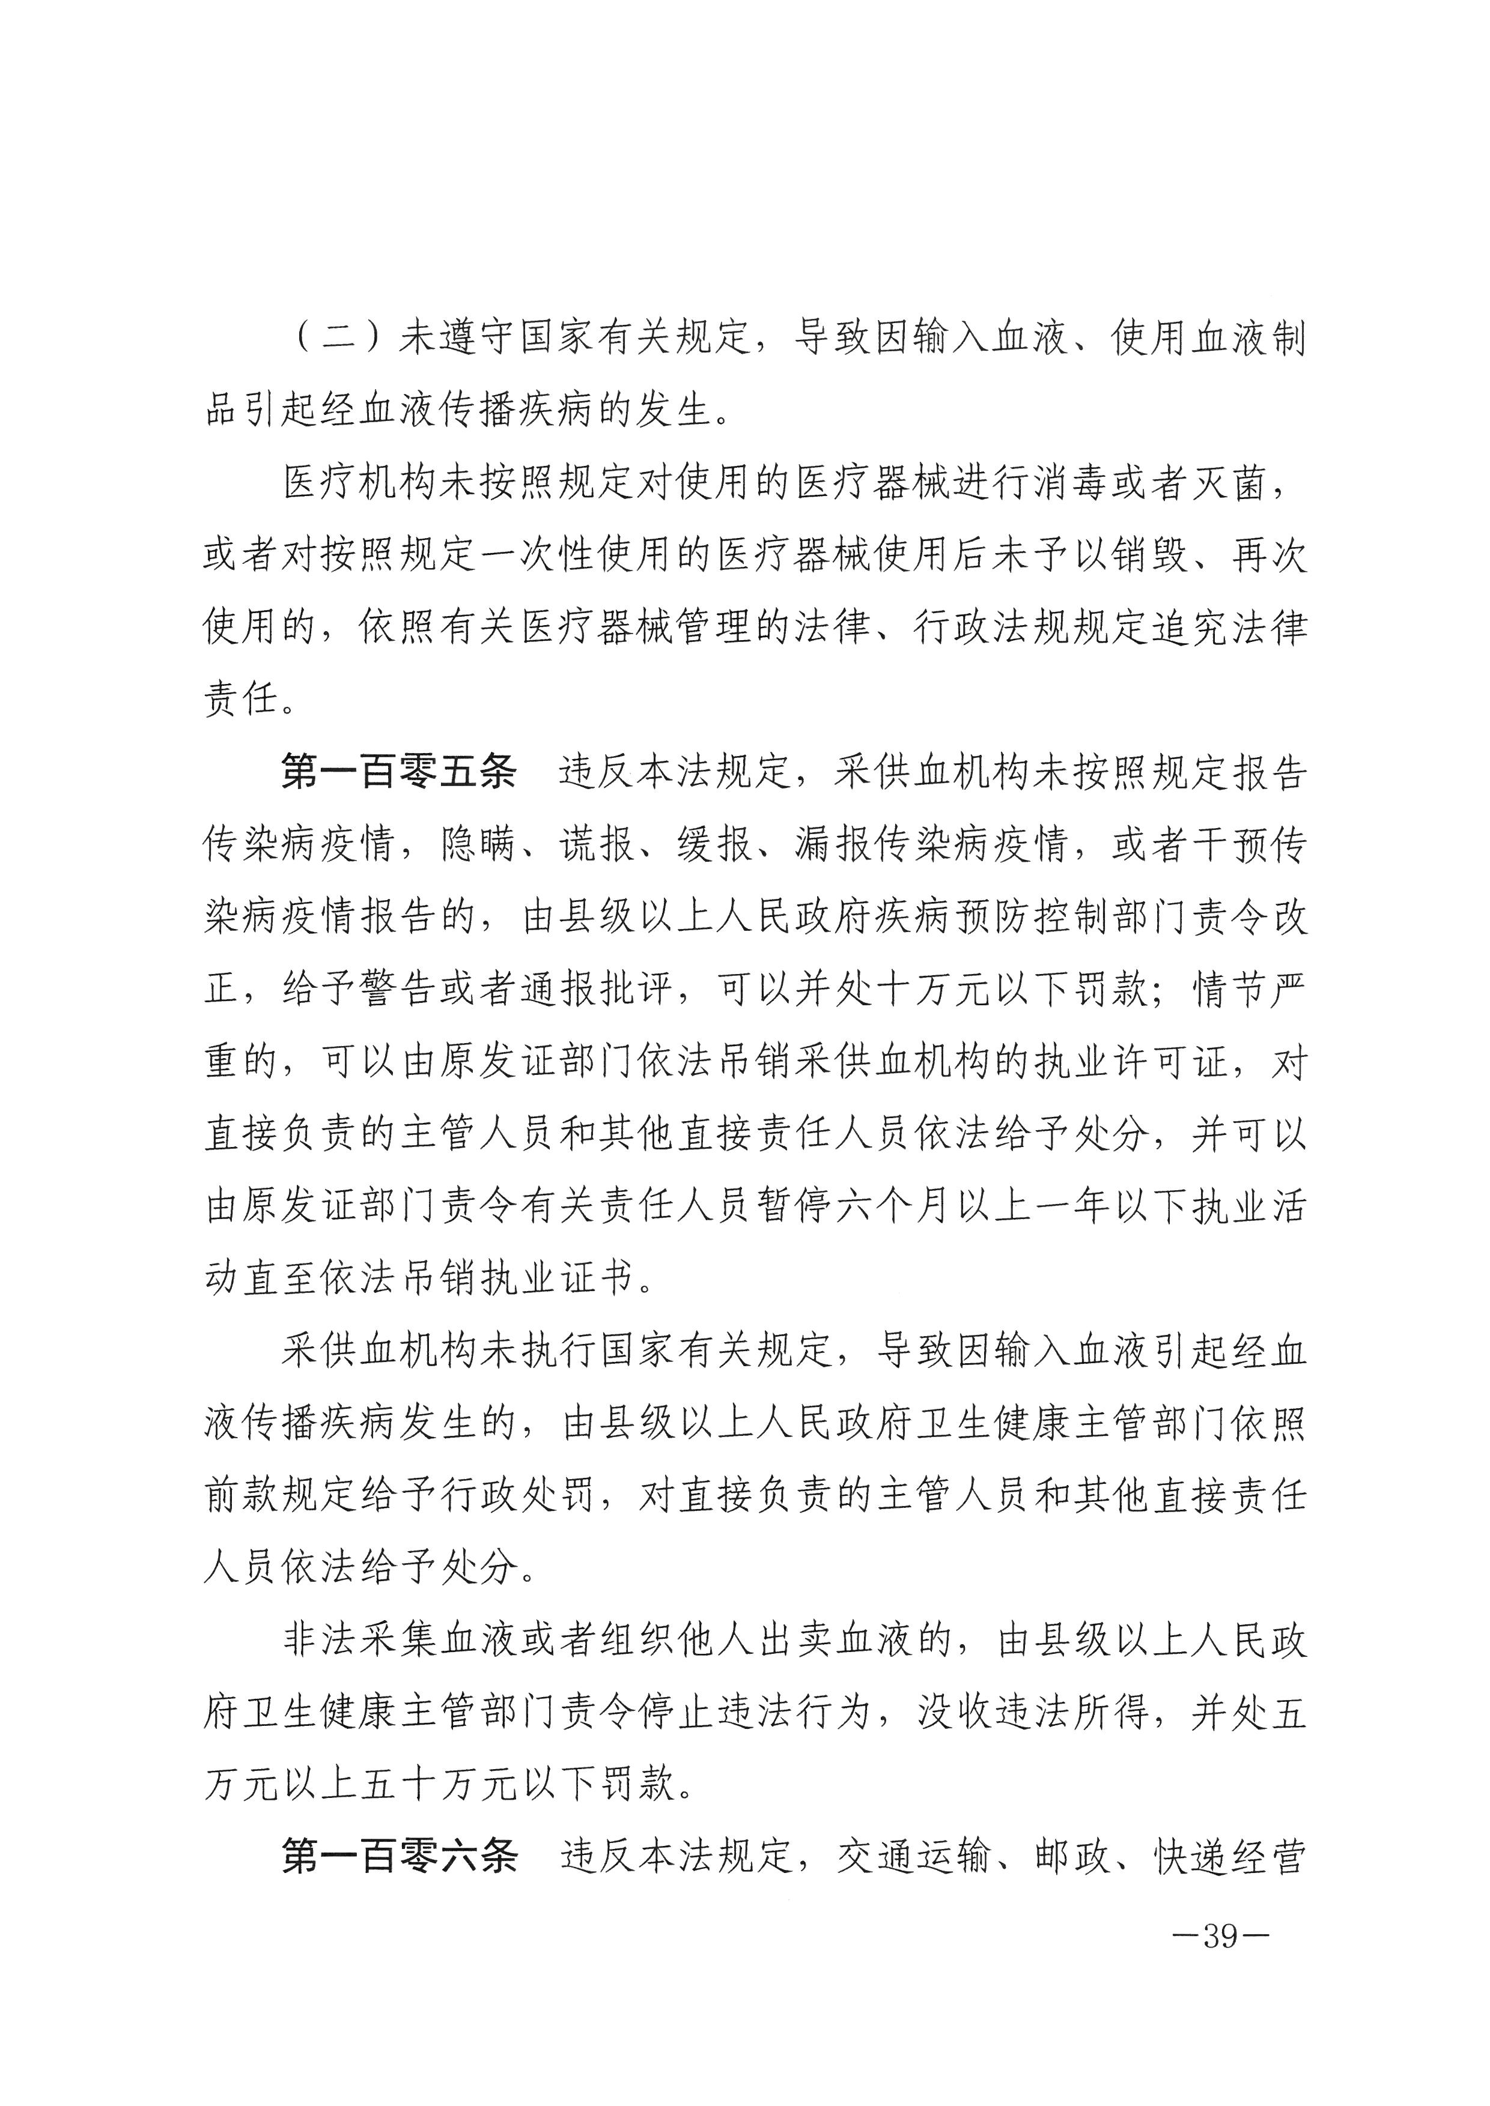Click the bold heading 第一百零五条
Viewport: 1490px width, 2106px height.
[x=398, y=772]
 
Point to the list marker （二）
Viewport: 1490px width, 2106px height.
[x=339, y=339]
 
